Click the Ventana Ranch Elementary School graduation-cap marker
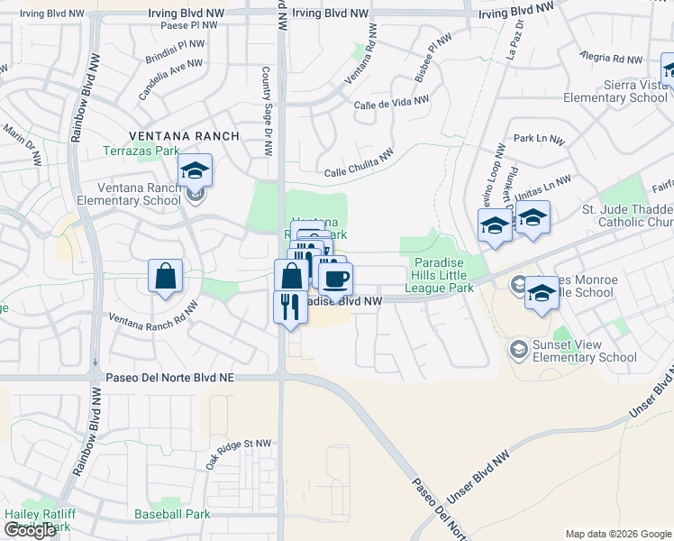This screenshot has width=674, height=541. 195,170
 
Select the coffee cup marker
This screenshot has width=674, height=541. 336,279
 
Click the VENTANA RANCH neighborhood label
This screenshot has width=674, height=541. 184,136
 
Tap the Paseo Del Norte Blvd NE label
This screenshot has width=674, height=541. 169,379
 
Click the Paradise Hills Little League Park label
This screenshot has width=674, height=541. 443,275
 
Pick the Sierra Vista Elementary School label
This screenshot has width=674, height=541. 617,92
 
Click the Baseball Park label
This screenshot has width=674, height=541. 172,514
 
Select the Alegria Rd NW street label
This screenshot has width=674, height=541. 613,59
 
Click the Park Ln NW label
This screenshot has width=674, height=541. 539,141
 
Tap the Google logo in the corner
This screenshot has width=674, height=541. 30,530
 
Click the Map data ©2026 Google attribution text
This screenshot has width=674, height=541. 618,533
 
